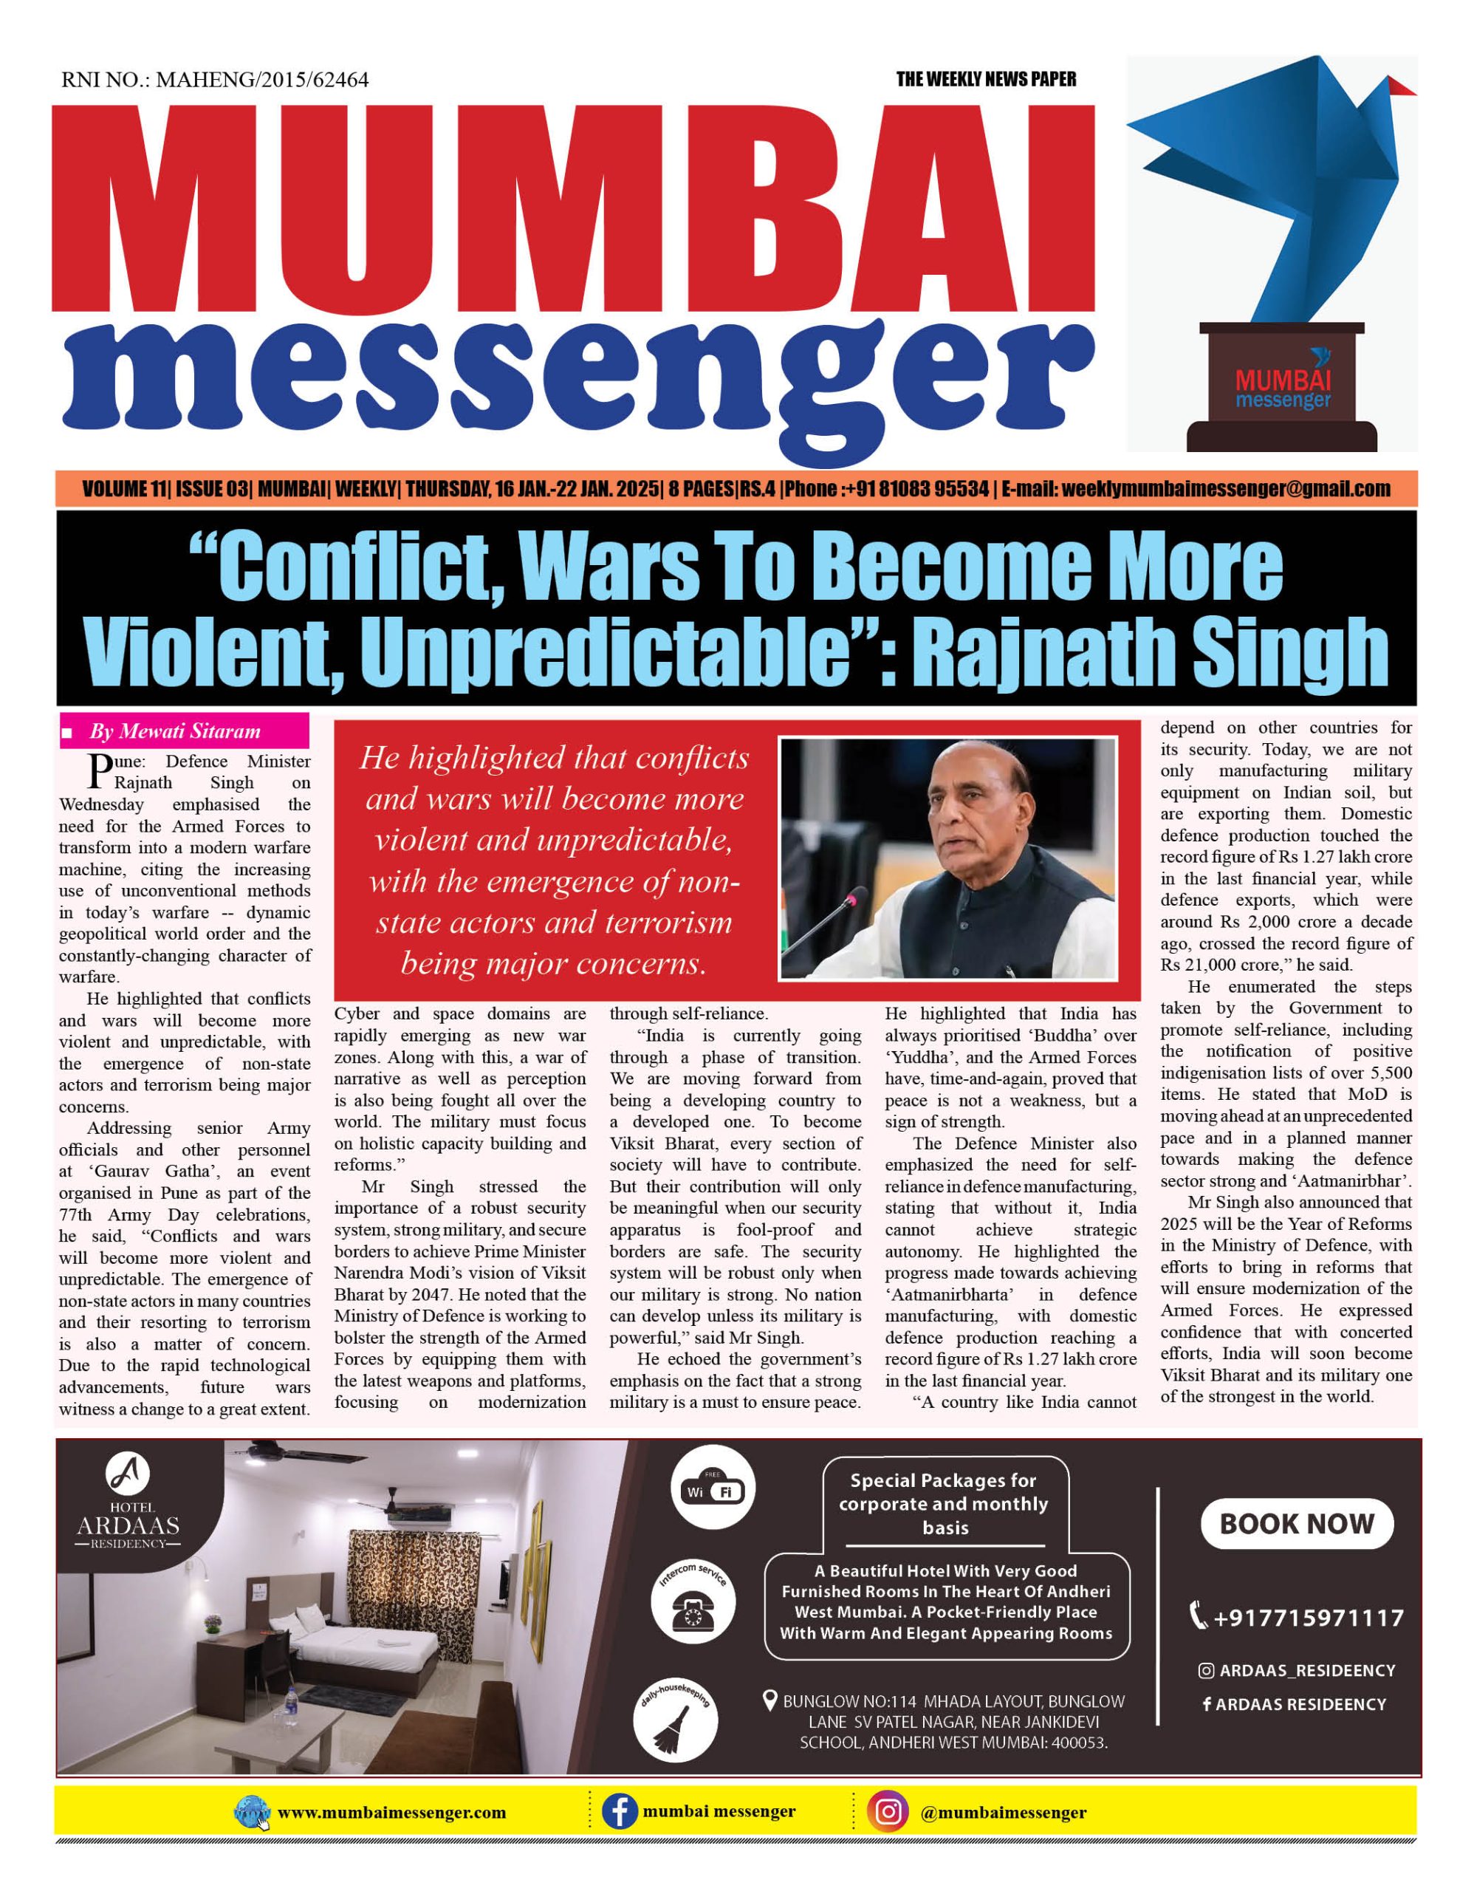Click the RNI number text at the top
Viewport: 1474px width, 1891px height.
(215, 80)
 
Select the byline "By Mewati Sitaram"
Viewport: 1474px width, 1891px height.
(174, 731)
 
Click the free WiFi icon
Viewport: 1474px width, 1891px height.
(713, 1489)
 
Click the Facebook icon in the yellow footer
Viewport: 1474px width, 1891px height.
(620, 1811)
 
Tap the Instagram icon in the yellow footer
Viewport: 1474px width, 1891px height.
(888, 1811)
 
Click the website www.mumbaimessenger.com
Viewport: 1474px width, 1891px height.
(391, 1812)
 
